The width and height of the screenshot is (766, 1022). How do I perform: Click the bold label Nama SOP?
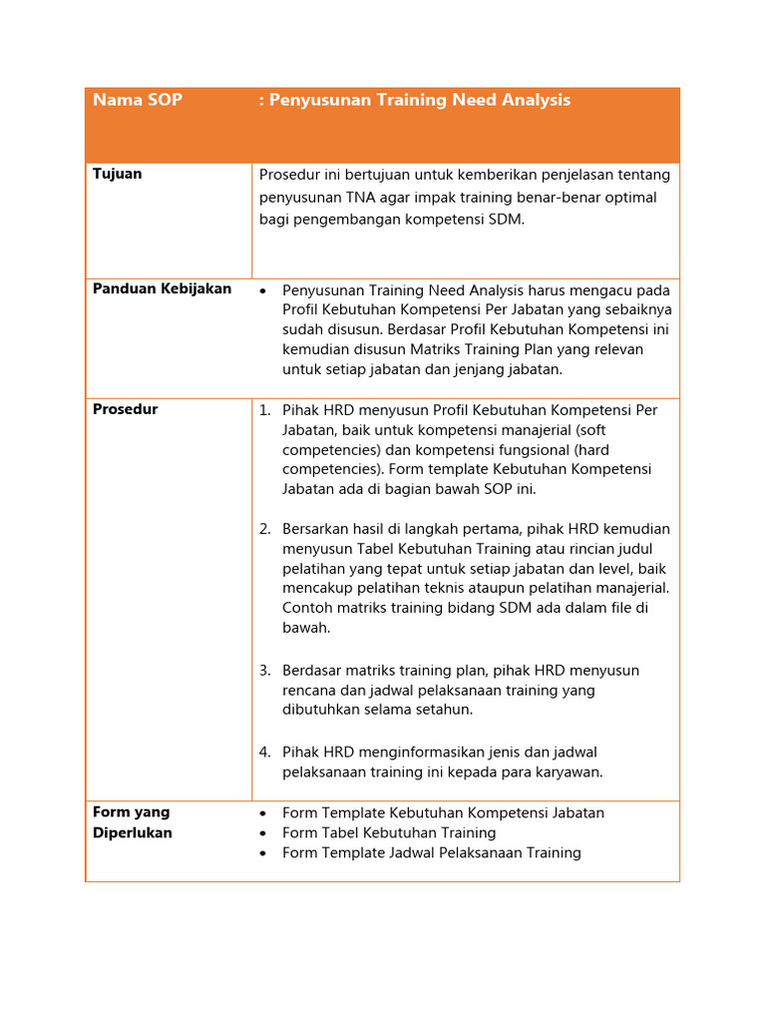coord(138,100)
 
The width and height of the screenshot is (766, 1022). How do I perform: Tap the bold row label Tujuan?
coord(118,174)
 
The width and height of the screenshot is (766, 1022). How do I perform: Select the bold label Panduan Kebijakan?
coord(162,288)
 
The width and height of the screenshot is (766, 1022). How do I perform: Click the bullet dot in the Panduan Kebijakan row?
coord(263,290)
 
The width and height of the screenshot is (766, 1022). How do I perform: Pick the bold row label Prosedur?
coord(125,409)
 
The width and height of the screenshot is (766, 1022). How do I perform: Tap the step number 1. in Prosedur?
coord(265,410)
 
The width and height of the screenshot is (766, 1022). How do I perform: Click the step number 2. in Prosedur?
coord(265,529)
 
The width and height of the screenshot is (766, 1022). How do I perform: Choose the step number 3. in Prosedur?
coord(265,671)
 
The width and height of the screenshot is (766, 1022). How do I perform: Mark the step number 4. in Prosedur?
coord(265,753)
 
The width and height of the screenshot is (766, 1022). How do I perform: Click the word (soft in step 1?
coord(588,430)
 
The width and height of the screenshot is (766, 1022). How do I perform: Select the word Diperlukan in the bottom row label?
coord(133,833)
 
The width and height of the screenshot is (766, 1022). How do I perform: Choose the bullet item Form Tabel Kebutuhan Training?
coord(389,833)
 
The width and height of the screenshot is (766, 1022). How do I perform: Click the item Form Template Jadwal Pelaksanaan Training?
coord(431,853)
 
